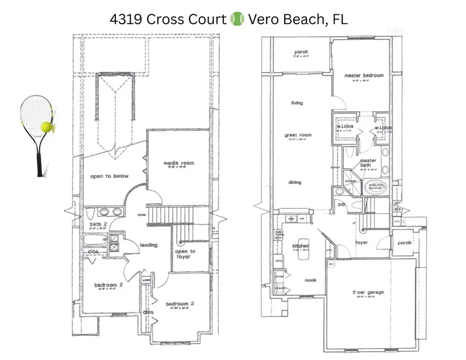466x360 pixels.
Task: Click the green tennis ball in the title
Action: coord(237,20)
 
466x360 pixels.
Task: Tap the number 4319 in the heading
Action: coord(125,20)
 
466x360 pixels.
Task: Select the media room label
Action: coord(179,163)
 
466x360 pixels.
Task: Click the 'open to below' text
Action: coord(109,176)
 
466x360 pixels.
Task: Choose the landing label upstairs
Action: coord(148,245)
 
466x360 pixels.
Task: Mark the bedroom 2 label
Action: coord(108,285)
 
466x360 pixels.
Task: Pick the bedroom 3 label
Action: coord(179,304)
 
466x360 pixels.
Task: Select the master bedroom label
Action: coord(364,76)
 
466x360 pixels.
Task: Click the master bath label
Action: coord(368,163)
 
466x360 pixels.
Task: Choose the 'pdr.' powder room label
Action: coord(342,204)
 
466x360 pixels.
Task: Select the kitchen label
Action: coord(300,245)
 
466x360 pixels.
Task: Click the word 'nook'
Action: coord(311,280)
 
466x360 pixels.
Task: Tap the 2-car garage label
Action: coord(368,293)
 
